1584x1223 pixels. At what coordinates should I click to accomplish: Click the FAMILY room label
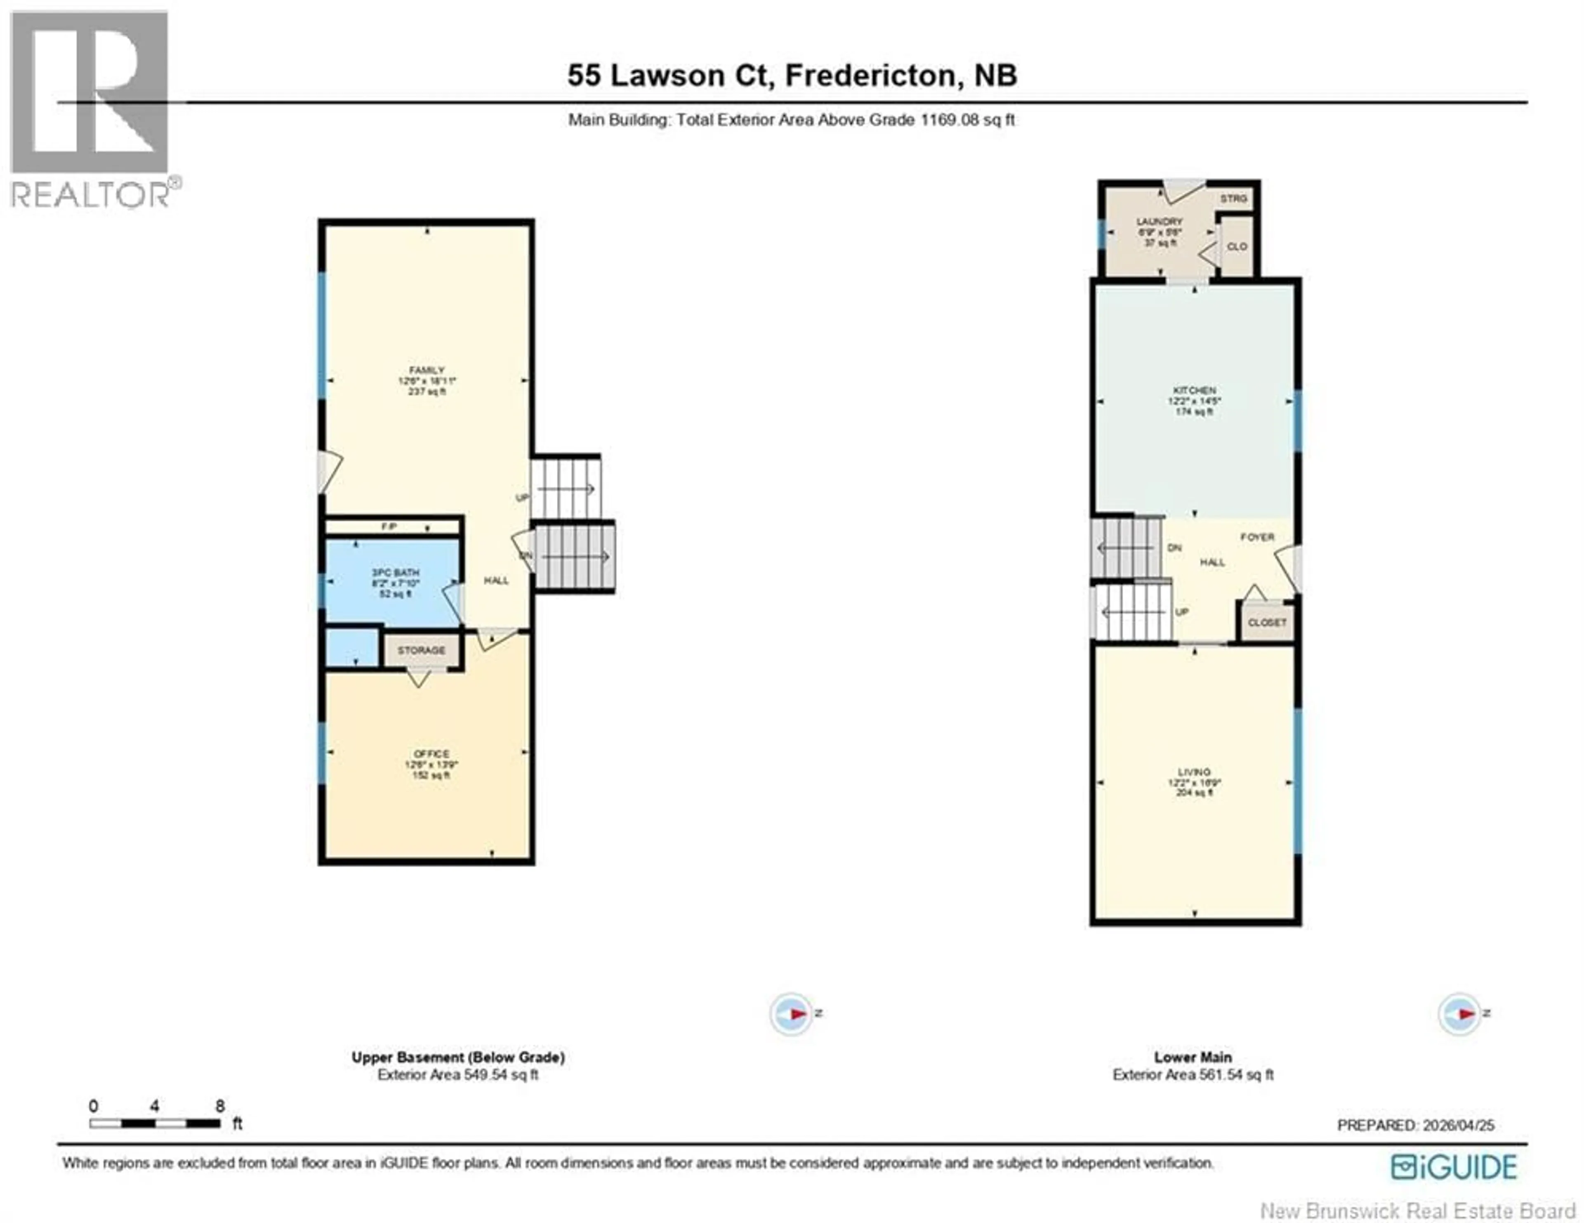[427, 371]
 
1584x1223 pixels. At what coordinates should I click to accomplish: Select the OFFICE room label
[431, 754]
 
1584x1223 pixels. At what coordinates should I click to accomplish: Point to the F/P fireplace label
[389, 527]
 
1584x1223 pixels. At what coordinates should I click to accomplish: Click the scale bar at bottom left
[155, 1124]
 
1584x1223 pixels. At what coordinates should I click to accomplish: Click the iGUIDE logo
[1454, 1167]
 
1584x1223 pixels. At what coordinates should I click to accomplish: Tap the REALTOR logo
[91, 109]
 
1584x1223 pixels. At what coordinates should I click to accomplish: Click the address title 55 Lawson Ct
[792, 76]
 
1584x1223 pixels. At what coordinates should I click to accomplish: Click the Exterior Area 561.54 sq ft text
[1193, 1075]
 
